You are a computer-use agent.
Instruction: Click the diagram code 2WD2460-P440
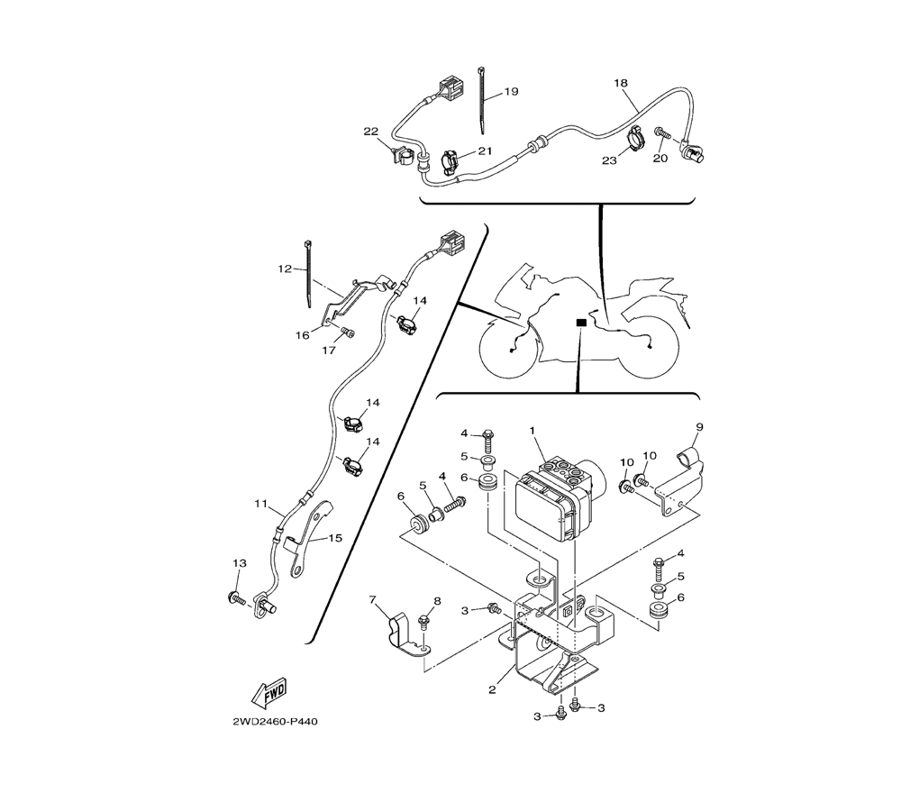[x=275, y=722]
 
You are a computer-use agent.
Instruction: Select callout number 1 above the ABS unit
[x=532, y=431]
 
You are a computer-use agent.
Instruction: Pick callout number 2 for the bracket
[x=492, y=689]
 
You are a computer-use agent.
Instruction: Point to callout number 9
[x=699, y=427]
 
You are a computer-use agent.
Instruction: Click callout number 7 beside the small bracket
[x=373, y=600]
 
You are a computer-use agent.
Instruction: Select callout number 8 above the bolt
[x=437, y=601]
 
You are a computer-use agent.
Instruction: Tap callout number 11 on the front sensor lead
[x=261, y=504]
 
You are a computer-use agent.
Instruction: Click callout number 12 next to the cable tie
[x=285, y=269]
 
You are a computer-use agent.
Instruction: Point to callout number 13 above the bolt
[x=240, y=563]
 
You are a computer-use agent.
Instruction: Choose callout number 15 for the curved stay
[x=335, y=538]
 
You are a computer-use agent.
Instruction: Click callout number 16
[x=303, y=335]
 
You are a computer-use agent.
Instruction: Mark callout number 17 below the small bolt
[x=329, y=350]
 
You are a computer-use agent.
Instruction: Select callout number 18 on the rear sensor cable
[x=621, y=83]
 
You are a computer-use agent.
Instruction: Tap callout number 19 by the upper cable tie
[x=512, y=91]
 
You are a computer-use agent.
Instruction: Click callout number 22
[x=371, y=132]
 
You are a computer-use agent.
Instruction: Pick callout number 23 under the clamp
[x=609, y=161]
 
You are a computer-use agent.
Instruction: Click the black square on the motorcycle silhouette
[x=581, y=323]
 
